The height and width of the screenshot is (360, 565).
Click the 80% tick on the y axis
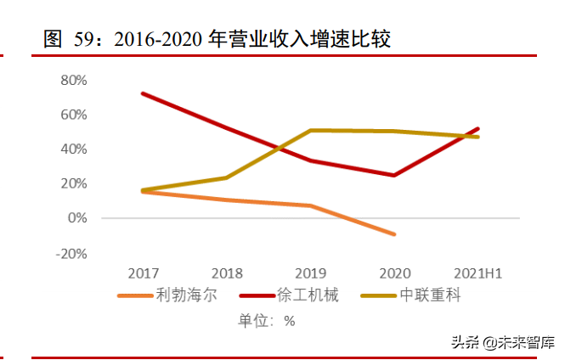pos(75,80)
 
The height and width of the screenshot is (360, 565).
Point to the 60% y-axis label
pos(75,115)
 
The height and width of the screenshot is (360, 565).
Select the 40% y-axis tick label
pos(75,149)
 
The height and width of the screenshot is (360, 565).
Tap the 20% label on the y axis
pos(75,183)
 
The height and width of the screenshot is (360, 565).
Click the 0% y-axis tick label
pos(78,218)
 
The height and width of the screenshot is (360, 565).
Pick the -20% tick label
pos(72,253)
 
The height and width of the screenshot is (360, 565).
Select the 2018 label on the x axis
pos(227,273)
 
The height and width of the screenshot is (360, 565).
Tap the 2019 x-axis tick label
pos(311,273)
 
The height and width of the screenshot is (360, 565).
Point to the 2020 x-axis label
pos(394,273)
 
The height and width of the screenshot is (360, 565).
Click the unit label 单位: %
pos(266,321)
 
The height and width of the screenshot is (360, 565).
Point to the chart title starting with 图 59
pos(218,39)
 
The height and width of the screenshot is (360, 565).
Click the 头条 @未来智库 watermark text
pos(503,343)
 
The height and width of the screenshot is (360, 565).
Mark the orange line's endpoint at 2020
pos(394,233)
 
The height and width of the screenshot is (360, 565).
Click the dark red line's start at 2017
pos(143,93)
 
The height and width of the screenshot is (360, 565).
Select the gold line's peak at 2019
pos(311,130)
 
